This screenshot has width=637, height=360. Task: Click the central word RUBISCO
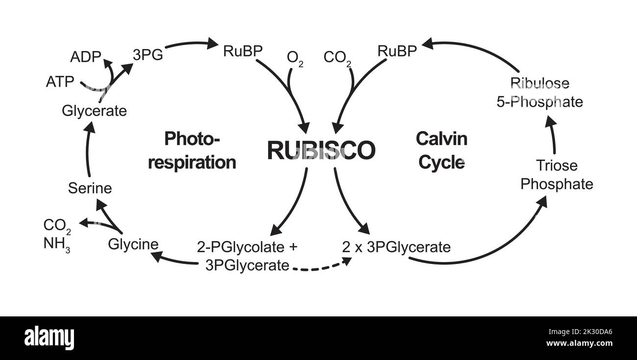coord(321,150)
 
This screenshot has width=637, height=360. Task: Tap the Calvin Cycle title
coord(441,150)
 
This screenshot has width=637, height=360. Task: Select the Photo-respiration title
coord(192,150)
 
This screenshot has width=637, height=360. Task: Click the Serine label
coord(90,188)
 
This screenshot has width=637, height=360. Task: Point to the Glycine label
coord(133,244)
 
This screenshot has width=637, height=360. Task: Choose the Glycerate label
coord(94,111)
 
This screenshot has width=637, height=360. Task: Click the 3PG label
coord(147,54)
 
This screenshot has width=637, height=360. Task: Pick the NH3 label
coord(57,244)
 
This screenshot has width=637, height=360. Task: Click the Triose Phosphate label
coord(557,175)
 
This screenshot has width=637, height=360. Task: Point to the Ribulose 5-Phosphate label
coord(546,93)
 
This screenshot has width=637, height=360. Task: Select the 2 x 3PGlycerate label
coord(396,247)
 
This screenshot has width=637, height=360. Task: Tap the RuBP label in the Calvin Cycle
coord(397,51)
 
